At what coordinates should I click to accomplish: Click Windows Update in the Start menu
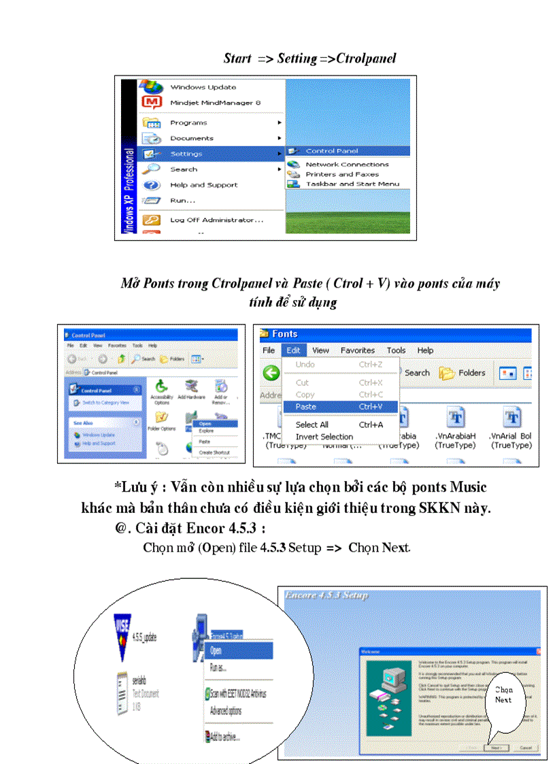point(203,87)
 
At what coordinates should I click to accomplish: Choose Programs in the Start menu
point(188,123)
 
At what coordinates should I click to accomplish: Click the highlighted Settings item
point(186,154)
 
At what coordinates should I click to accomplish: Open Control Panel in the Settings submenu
point(331,151)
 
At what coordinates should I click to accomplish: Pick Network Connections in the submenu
point(347,165)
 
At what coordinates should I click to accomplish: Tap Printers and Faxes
point(342,174)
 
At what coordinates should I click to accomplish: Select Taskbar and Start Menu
point(352,184)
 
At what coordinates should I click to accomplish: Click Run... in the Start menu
point(182,201)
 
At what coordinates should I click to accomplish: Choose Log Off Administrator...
point(216,220)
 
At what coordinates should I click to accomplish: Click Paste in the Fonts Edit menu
point(306,406)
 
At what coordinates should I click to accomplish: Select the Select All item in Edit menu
point(312,425)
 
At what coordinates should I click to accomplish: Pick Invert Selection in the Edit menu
point(324,437)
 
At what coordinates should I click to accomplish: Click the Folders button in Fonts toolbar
point(462,373)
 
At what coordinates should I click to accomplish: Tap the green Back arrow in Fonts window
point(271,373)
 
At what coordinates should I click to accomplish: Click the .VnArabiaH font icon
point(455,418)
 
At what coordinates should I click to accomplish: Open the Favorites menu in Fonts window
point(358,350)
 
